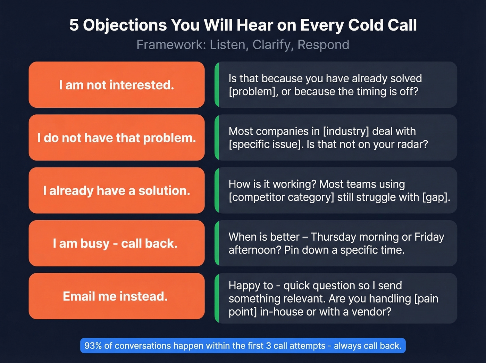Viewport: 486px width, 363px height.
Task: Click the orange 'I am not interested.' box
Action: [116, 85]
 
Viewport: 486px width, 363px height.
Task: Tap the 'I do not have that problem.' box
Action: [116, 138]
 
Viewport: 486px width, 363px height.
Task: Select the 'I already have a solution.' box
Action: [116, 190]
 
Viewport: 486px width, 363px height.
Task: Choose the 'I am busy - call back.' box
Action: [116, 243]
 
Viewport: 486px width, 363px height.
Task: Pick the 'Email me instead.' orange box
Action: [116, 296]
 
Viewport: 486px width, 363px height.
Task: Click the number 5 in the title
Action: [74, 25]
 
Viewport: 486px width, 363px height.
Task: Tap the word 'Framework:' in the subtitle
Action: [171, 45]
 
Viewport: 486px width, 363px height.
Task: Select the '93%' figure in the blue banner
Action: [93, 346]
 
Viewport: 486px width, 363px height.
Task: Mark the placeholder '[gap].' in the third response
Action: [436, 197]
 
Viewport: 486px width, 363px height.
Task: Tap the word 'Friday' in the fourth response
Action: [429, 237]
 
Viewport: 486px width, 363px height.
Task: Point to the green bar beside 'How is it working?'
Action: [217, 190]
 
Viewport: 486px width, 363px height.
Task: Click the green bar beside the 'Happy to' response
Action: [217, 298]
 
